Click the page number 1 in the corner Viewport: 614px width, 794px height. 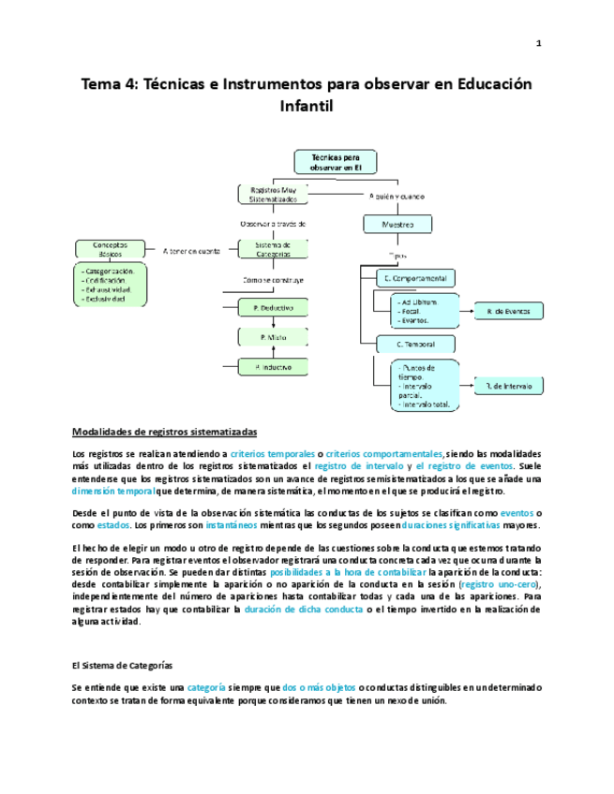(x=539, y=43)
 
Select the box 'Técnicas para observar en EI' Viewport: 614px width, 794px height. (x=336, y=162)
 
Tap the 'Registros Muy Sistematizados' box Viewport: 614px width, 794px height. (x=273, y=195)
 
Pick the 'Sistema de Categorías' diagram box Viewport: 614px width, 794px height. (x=274, y=248)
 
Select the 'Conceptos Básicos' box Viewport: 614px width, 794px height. (x=112, y=248)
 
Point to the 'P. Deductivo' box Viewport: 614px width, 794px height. (x=274, y=307)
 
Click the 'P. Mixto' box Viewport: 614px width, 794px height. (x=274, y=336)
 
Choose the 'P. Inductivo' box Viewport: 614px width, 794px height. (x=274, y=366)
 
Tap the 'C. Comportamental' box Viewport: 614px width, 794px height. (x=414, y=278)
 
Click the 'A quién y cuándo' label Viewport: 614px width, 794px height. (x=397, y=196)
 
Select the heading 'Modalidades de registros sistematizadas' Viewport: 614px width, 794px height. (x=163, y=432)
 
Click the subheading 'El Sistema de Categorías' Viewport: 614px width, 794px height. (x=122, y=665)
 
